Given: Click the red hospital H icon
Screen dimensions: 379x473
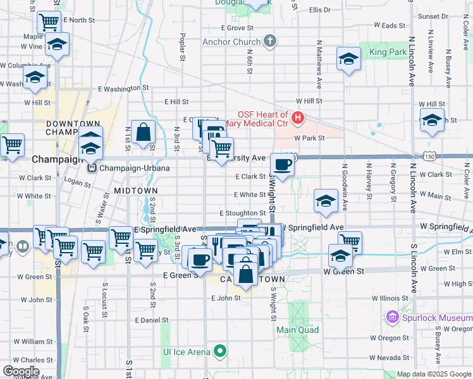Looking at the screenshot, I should click(297, 117).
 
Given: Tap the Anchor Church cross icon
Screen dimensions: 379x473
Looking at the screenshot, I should click(271, 42).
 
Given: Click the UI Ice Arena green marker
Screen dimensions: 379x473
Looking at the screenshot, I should click(220, 351).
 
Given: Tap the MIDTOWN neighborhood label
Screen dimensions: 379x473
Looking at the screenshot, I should click(135, 190).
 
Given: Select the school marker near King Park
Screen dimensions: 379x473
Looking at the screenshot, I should click(348, 59).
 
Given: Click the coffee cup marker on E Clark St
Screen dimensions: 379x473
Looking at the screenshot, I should click(283, 164).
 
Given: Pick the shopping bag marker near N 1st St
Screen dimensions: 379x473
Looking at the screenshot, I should click(144, 131).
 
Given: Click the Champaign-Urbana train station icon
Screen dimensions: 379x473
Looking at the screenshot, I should click(92, 169).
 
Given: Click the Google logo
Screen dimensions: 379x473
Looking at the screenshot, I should click(21, 371).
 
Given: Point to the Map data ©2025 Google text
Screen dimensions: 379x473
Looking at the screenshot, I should click(433, 374).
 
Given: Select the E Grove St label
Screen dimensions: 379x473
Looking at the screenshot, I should click(237, 28).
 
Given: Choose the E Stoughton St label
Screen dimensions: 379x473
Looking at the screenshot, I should click(243, 214).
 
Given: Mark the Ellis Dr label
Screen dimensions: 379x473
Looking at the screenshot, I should click(321, 10).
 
